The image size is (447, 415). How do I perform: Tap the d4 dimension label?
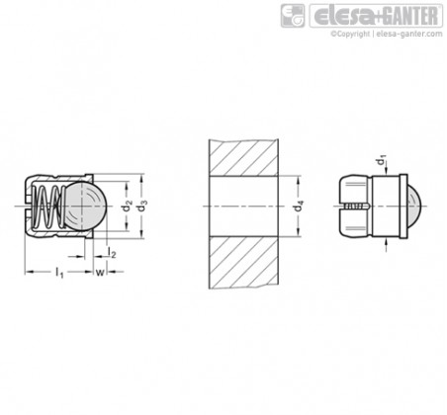[x=298, y=207]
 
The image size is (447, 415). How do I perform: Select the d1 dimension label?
[x=382, y=160]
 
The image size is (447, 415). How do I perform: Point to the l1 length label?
[x=59, y=273]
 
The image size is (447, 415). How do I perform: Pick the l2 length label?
[x=112, y=252]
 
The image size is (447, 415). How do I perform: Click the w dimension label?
[x=100, y=272]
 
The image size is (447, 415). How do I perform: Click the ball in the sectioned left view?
[x=85, y=207]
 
